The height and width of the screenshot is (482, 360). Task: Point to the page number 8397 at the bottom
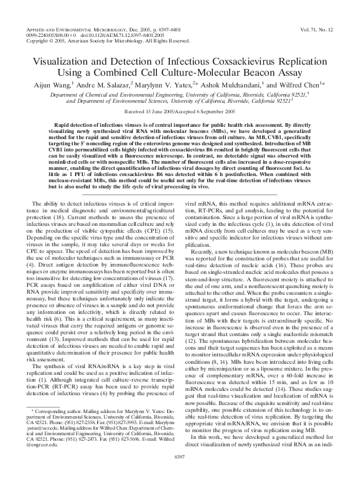180,472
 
